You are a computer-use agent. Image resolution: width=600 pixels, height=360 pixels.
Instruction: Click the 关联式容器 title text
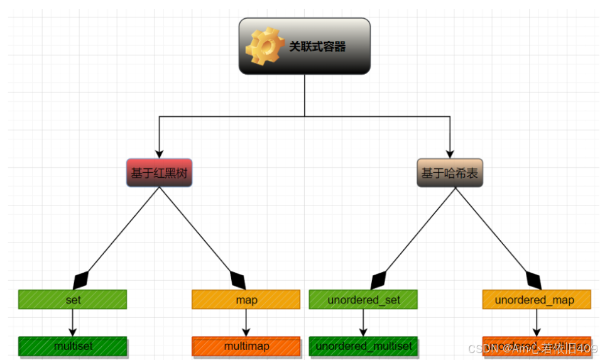(317, 46)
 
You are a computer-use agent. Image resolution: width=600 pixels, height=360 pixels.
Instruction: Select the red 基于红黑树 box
(159, 173)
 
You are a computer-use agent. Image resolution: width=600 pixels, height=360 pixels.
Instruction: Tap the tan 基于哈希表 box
(450, 173)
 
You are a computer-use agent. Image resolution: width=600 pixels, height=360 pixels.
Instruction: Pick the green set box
(73, 300)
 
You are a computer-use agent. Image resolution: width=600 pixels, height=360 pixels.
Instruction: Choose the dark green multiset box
(73, 346)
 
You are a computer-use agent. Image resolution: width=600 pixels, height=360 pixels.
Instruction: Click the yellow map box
(246, 300)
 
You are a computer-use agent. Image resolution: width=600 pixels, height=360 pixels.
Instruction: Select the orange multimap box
(246, 346)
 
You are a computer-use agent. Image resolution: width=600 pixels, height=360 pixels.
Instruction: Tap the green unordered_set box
(363, 300)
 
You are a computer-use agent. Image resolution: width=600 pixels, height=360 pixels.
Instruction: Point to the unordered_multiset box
(363, 346)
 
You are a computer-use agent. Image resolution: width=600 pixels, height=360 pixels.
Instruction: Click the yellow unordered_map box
(537, 300)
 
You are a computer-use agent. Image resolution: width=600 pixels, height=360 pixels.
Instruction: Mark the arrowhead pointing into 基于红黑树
(159, 153)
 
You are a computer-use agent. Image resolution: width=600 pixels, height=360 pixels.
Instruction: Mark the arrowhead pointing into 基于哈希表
(450, 153)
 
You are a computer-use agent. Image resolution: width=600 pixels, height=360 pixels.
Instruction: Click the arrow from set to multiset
(73, 323)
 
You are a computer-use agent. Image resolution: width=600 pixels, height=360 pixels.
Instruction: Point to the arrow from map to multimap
(246, 323)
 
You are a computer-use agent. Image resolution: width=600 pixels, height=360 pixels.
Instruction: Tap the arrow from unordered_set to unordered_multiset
(363, 323)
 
